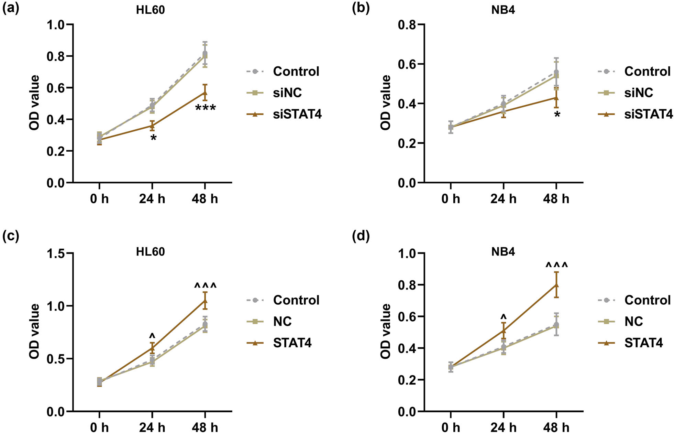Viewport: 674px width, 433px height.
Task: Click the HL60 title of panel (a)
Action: [150, 10]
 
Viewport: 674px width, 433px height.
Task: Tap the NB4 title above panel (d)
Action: [503, 252]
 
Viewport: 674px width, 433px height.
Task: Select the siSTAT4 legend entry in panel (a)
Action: [297, 114]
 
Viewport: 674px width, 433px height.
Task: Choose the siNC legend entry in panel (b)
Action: [638, 93]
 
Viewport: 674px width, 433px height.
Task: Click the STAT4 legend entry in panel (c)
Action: [292, 343]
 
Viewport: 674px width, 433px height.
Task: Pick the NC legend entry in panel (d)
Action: [633, 322]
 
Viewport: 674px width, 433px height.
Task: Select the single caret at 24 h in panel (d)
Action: [504, 316]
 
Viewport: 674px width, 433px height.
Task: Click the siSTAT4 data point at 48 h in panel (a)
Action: [205, 93]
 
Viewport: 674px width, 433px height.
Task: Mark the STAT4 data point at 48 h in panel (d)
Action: [556, 285]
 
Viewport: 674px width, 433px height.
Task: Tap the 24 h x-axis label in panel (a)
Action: [152, 199]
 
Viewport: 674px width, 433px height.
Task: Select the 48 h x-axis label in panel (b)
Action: [556, 199]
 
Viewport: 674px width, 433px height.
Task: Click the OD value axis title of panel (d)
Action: [386, 331]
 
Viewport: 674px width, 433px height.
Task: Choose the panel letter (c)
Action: [11, 236]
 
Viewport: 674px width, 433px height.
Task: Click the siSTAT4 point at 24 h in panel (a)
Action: [152, 126]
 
